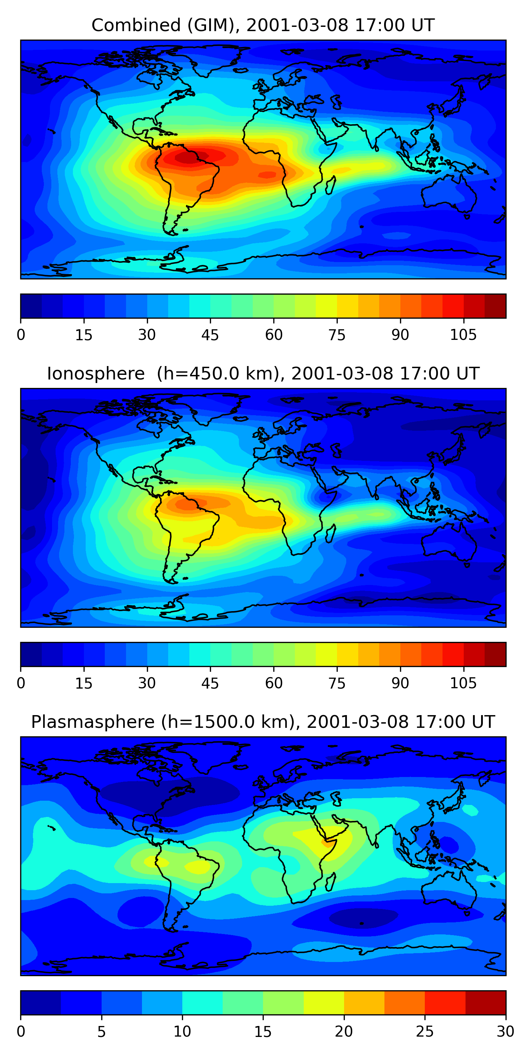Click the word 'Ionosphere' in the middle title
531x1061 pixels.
pos(96,374)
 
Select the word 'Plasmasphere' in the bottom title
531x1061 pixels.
pos(93,722)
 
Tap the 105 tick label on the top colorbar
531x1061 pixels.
pos(463,335)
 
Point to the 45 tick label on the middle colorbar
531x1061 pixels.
pos(210,683)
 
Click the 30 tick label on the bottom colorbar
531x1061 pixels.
pos(506,1031)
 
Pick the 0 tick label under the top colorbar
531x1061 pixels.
pos(21,335)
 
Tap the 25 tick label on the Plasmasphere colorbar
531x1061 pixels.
pos(425,1031)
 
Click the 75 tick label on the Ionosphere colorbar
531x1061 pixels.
pos(337,683)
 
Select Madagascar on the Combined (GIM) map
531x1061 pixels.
pos(331,185)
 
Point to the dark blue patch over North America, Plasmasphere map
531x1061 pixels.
pos(169,793)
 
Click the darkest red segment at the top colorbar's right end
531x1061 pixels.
pos(495,306)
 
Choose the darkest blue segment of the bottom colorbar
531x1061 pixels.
pos(41,1003)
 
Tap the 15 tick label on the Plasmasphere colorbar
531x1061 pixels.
pos(263,1031)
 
